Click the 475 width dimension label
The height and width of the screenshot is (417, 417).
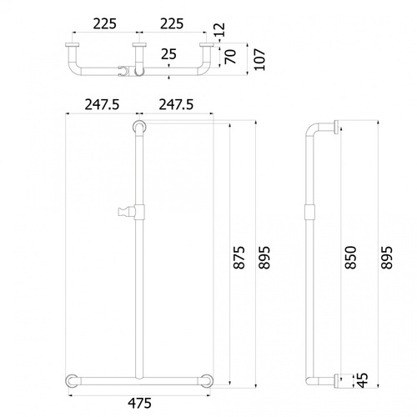point(139,403)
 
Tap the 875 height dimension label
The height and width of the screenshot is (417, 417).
point(239,258)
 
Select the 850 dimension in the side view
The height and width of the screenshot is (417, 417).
point(350,258)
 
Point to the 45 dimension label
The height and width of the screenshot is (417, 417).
point(362,380)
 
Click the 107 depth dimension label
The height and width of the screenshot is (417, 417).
point(260,59)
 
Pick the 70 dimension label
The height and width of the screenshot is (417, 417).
point(230,57)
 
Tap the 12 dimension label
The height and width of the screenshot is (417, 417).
point(219,30)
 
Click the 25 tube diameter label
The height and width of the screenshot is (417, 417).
point(168,54)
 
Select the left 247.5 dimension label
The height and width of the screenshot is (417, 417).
point(102,105)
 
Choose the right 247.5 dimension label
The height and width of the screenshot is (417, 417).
point(176,105)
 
